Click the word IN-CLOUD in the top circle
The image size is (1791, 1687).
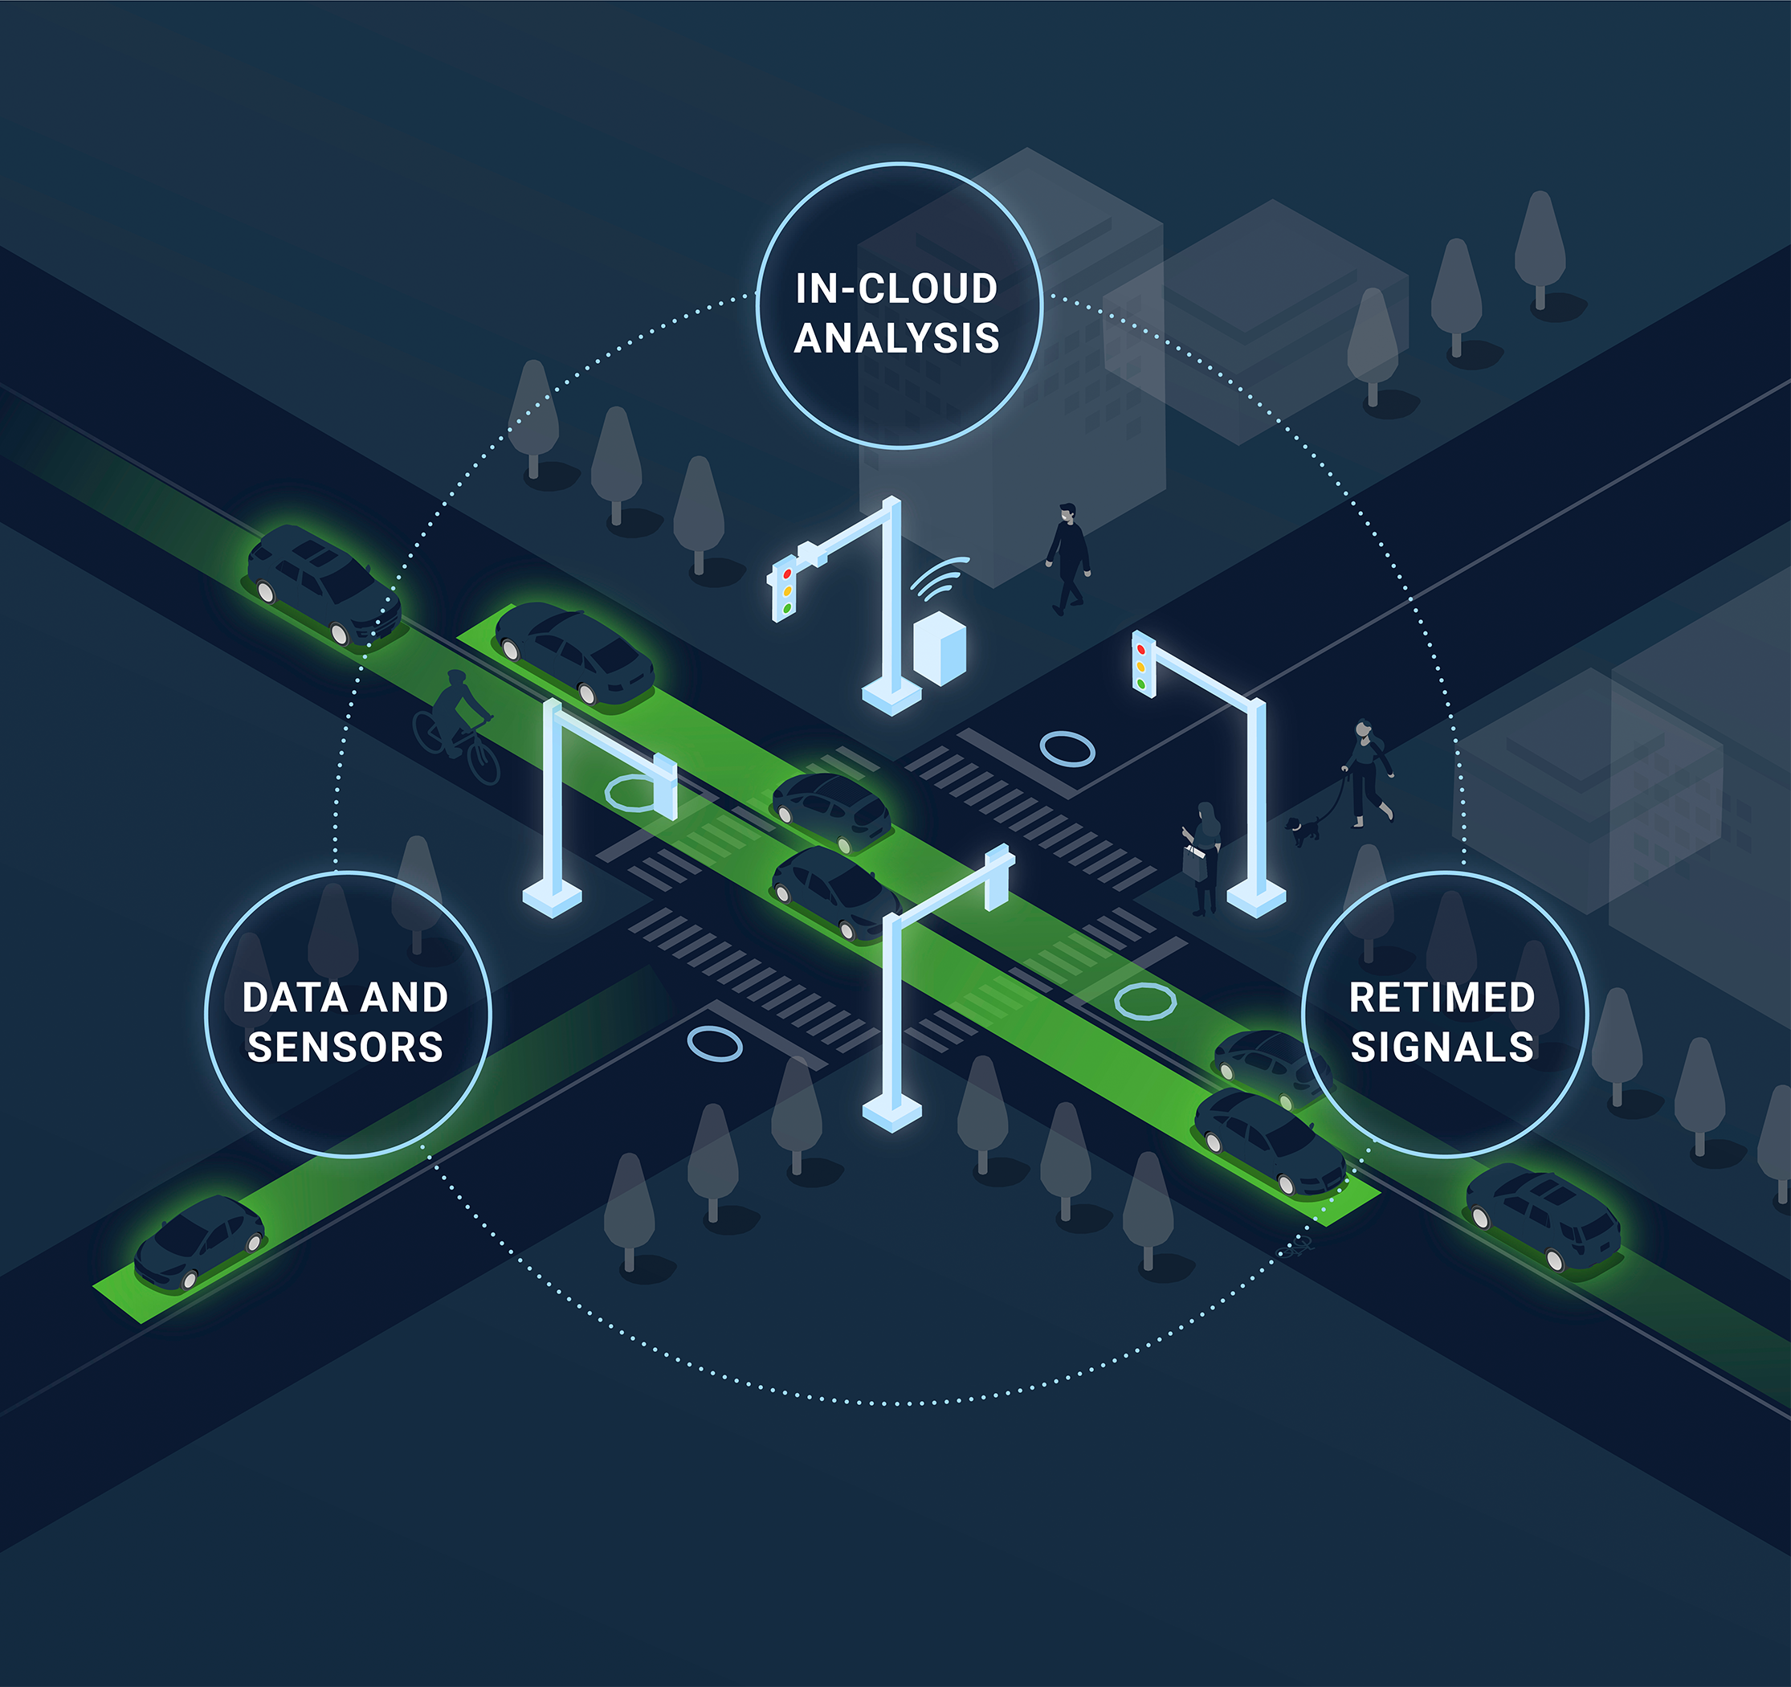895,289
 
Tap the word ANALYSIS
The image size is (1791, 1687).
896,339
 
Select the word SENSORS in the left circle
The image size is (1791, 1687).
345,1048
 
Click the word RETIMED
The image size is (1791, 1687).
1442,998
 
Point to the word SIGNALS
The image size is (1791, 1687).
1442,1048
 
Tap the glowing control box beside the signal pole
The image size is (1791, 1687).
940,647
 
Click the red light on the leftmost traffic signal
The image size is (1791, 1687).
787,573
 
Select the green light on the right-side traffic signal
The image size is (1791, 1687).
1141,684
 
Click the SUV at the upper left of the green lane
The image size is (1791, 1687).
324,583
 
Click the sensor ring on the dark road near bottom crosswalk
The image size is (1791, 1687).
715,1044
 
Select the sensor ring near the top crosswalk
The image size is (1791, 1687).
1067,749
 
